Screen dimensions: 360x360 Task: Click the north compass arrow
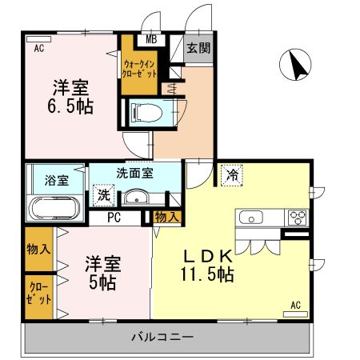coord(298,65)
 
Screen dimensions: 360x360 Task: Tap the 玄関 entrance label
coord(198,48)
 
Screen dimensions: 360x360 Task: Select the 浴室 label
coord(56,179)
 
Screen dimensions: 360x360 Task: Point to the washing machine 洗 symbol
coord(105,194)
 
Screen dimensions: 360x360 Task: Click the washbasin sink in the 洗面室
coord(138,198)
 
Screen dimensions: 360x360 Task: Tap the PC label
coord(113,217)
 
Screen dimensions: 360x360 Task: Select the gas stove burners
coord(298,217)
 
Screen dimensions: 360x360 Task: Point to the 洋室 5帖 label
coord(102,273)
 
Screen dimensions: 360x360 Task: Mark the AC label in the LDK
coord(295,305)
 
